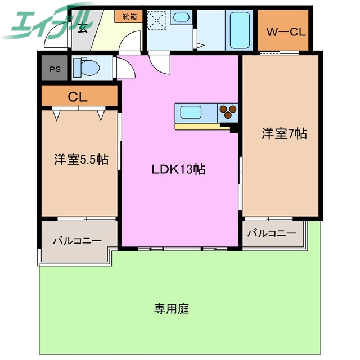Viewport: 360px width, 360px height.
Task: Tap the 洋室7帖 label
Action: [283, 134]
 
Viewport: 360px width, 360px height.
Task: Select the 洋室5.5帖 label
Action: [80, 159]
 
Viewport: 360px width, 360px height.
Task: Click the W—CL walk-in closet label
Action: [285, 31]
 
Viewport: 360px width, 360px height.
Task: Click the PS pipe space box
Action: [55, 69]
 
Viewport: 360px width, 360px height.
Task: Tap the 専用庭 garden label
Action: [172, 308]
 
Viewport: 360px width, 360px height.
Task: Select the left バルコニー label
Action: [77, 240]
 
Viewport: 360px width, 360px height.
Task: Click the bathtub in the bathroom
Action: [241, 26]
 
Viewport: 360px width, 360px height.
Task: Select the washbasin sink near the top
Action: [181, 17]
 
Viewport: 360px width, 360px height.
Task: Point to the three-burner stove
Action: [228, 111]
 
